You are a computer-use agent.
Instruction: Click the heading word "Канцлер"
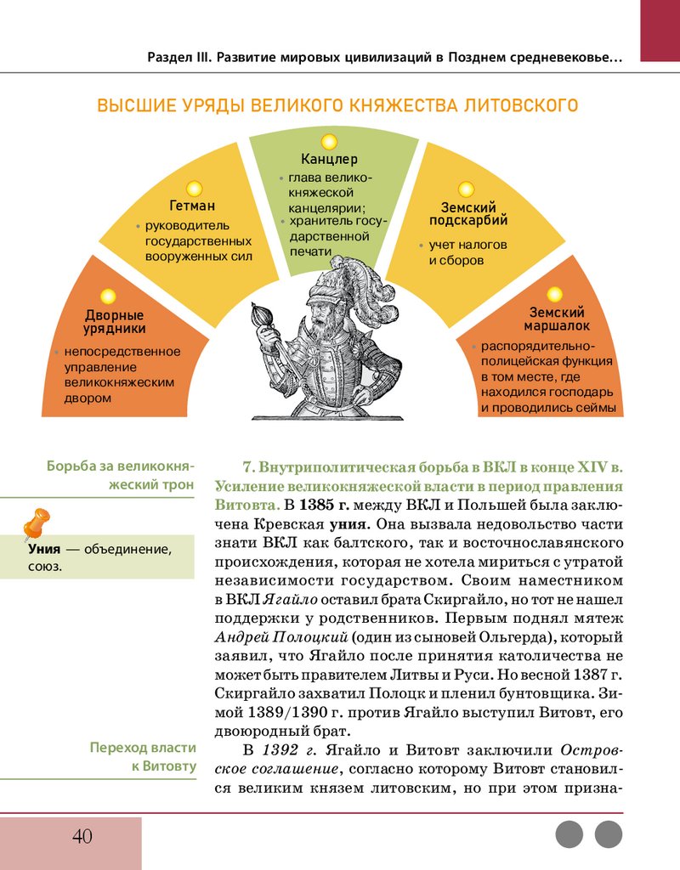click(x=329, y=160)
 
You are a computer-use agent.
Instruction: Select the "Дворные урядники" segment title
click(x=114, y=322)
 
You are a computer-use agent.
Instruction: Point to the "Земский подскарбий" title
click(x=474, y=213)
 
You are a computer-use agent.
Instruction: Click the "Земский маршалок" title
click(x=557, y=319)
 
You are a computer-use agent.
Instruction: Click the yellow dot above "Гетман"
click(x=194, y=188)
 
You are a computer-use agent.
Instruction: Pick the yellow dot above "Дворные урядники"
click(x=108, y=297)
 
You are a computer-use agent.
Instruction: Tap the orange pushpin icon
click(x=35, y=523)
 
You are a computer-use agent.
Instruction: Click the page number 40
click(x=82, y=836)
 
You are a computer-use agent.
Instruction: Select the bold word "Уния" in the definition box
click(x=44, y=549)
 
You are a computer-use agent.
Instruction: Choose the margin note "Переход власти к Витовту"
click(x=143, y=757)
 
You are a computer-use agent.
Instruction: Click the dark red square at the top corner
click(x=660, y=30)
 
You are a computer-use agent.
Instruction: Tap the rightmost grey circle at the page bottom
click(x=609, y=834)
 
